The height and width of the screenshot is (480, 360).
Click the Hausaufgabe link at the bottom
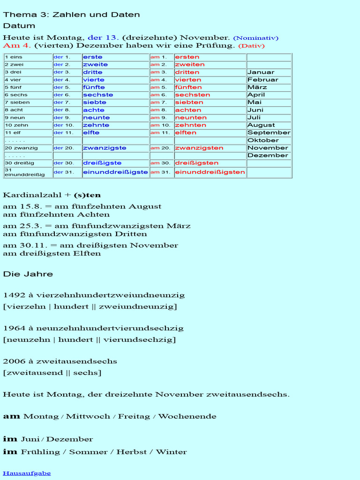[27, 473]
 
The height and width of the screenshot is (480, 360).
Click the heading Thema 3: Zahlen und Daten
[71, 15]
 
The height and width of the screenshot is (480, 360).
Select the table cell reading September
[269, 133]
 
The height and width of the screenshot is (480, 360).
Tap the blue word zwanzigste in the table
[105, 148]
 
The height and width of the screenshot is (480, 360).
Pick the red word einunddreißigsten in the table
[210, 172]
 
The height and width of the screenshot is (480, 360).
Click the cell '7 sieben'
[17, 102]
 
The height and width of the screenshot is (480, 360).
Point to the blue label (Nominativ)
[255, 38]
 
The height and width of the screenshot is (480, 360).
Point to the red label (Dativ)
[251, 46]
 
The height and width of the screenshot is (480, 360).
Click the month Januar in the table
[261, 72]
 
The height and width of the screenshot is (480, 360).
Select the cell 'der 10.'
[64, 125]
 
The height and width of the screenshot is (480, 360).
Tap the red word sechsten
[192, 95]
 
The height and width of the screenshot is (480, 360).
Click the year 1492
[12, 295]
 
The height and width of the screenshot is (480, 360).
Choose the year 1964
[12, 328]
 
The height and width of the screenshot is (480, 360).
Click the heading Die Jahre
[28, 274]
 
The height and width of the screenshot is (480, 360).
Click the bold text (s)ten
[87, 195]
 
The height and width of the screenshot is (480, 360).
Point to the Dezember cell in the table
[268, 155]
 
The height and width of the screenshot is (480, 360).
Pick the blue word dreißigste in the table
[102, 163]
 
